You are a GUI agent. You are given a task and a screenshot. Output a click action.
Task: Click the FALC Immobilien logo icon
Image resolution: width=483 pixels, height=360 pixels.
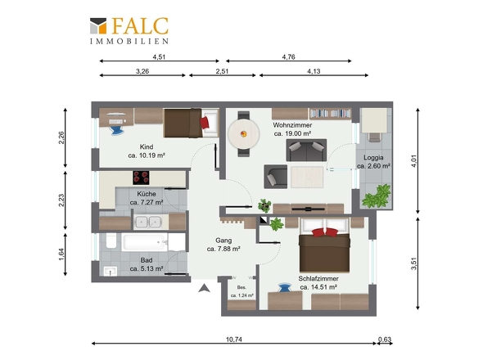coord(98,26)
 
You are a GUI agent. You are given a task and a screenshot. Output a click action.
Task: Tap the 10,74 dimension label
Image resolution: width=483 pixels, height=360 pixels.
coord(234,340)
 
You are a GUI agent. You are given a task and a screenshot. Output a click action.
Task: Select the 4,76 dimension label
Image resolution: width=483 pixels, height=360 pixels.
coord(289,57)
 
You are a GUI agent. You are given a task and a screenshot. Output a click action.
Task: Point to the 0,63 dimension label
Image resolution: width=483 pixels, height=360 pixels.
coord(385,340)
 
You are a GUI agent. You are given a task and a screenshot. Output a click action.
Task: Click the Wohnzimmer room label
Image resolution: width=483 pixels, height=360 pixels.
coord(292,125)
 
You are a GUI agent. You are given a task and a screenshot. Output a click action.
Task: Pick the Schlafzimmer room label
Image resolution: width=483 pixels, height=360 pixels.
coord(318,278)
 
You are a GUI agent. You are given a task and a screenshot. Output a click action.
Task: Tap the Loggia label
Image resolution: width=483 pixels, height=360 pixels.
coord(373,158)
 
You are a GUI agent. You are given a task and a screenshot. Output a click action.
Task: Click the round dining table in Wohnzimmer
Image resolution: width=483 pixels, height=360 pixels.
coord(244,134)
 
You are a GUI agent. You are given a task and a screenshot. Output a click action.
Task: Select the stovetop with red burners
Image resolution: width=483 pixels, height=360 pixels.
coord(141,178)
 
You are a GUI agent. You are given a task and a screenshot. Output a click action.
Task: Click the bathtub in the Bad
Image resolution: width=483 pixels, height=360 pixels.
coord(144,243)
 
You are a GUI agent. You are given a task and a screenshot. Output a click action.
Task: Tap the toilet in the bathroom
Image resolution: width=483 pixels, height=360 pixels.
coord(111,241)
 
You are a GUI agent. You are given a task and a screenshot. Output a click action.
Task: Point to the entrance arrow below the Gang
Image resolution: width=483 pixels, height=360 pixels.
coord(204,288)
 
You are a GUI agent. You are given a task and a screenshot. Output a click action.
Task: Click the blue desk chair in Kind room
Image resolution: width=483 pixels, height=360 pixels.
coord(117,130)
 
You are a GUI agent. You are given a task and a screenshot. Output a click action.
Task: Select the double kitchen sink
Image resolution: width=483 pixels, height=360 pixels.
coord(148,222)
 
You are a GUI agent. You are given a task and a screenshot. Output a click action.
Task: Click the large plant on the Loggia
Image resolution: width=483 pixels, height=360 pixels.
coord(377,196)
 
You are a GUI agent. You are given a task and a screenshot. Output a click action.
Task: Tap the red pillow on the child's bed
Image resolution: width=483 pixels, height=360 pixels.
coord(205,122)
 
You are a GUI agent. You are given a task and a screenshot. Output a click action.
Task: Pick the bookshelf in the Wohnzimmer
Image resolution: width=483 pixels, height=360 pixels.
coord(330,114)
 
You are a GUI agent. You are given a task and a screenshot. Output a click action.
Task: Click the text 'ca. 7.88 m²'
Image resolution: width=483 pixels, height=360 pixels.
coord(223,249)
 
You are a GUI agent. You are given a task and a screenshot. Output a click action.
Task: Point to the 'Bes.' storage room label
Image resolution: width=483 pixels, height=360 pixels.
coord(241,287)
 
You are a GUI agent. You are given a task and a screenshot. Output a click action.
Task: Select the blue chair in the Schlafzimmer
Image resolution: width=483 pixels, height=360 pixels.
coord(284,288)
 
